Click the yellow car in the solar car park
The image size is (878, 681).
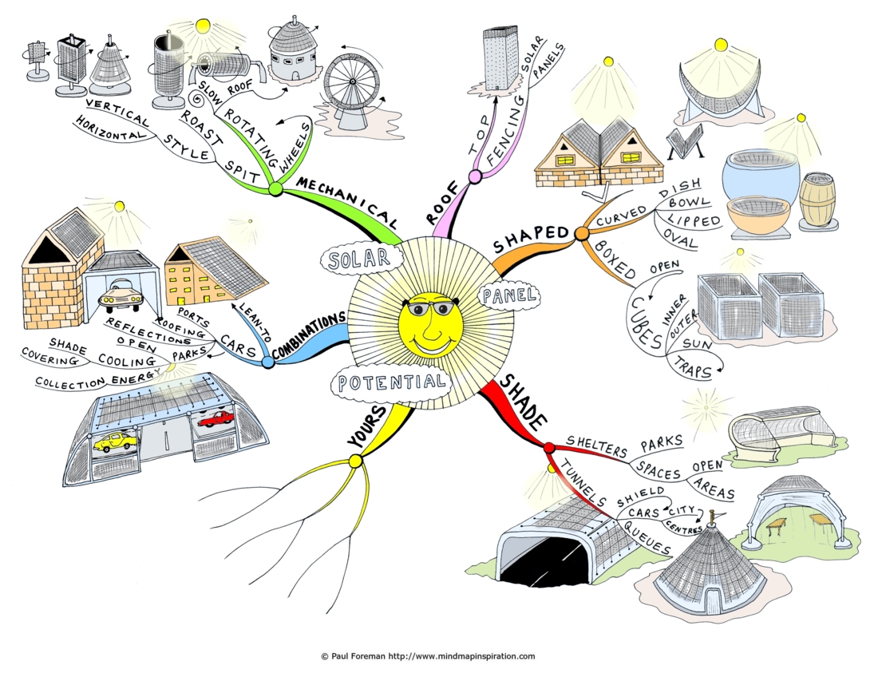[x=116, y=441]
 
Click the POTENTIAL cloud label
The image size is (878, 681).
[x=390, y=383]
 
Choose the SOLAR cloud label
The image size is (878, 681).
[x=361, y=259]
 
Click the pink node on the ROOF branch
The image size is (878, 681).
[x=475, y=177]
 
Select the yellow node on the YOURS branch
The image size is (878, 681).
[x=355, y=461]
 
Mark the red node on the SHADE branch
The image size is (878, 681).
[x=549, y=447]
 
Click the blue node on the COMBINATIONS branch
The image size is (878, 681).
[x=268, y=362]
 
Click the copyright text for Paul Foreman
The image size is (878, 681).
[x=428, y=655]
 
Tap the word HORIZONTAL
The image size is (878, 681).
[x=110, y=129]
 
